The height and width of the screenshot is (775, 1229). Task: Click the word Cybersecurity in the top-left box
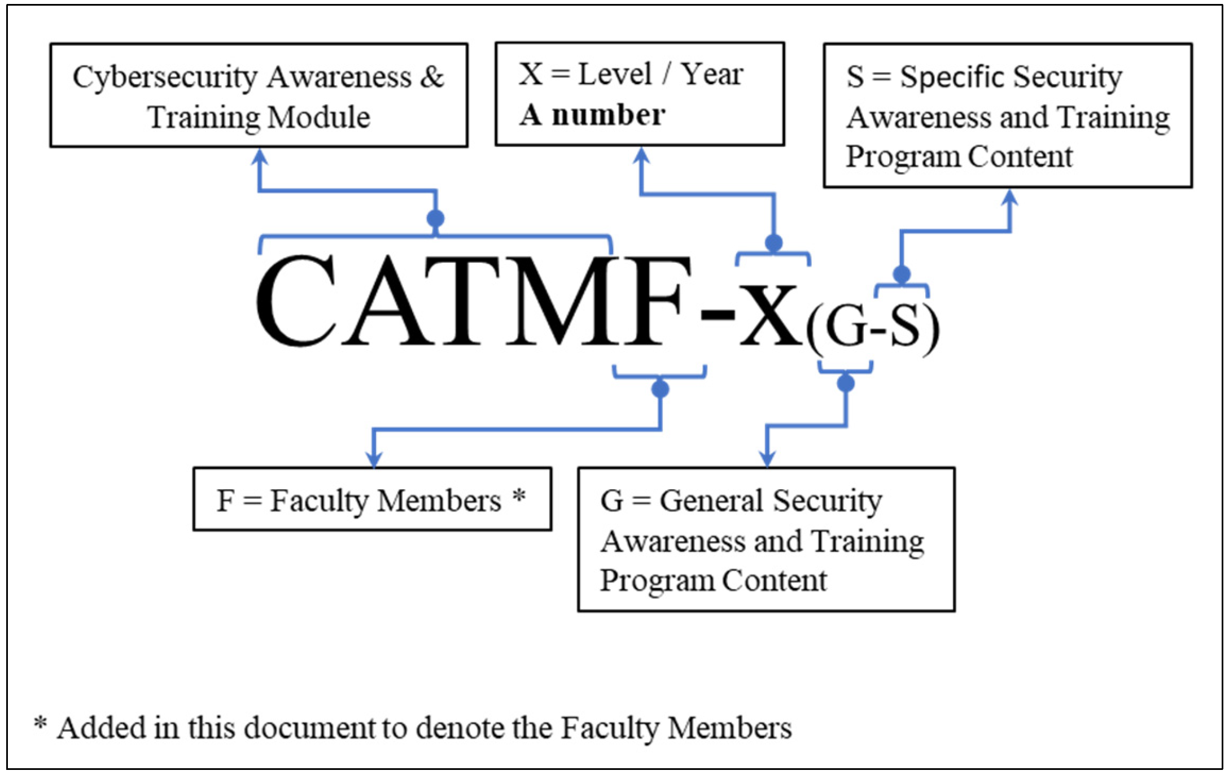coord(165,78)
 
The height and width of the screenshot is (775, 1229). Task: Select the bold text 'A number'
coord(592,115)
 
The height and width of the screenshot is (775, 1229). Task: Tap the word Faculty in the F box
coord(319,501)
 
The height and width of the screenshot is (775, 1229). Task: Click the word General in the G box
coord(711,501)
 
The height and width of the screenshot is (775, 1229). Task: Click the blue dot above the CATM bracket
coord(435,218)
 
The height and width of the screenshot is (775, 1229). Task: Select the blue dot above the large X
coord(773,243)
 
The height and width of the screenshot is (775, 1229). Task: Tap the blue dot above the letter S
coord(902,274)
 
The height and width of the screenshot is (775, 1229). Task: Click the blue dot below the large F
coord(660,389)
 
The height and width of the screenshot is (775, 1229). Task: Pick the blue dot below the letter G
coord(845,383)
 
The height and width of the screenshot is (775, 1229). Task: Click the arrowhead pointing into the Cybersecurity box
coord(259,156)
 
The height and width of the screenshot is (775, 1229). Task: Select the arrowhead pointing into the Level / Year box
coord(641,155)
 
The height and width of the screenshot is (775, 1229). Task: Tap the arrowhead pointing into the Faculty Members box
coord(374,459)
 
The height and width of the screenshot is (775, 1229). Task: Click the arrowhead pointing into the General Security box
coord(767,459)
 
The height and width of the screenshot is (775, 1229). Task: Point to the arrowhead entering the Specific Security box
coord(1010,198)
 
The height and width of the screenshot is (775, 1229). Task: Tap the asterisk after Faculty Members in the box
coord(519,497)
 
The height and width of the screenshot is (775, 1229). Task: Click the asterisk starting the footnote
coord(40,723)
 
